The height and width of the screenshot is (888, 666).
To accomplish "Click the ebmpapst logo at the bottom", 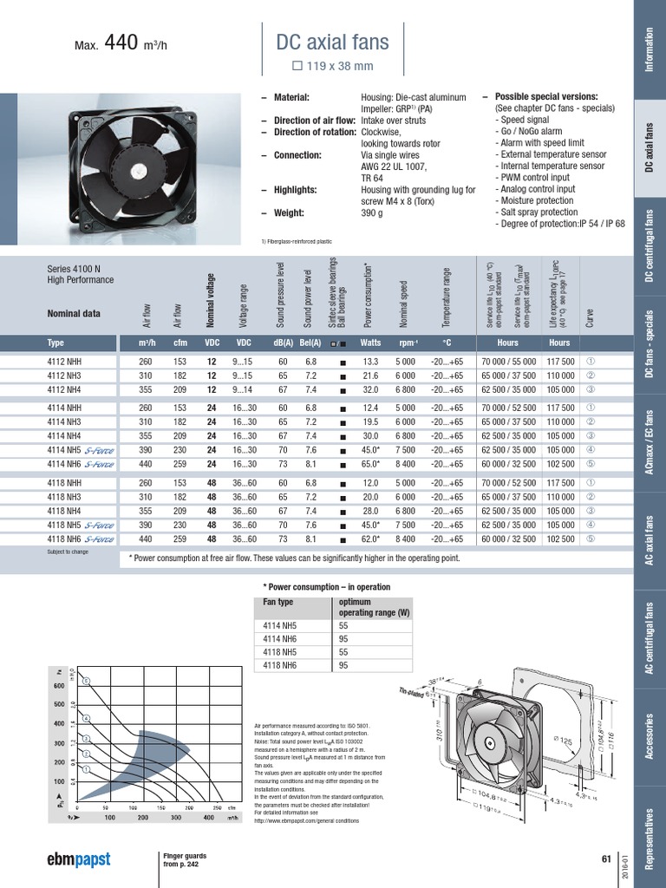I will click(x=78, y=860).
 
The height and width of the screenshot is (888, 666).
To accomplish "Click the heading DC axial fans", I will click(x=332, y=42).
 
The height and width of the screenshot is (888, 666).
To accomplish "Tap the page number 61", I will click(x=606, y=859).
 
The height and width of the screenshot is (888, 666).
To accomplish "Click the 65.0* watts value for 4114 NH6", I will click(x=371, y=464).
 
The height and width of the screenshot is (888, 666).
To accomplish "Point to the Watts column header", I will click(x=371, y=343).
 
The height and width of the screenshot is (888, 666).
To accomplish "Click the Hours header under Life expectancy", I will click(x=559, y=343).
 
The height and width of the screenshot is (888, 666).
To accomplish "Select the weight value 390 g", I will click(x=373, y=213).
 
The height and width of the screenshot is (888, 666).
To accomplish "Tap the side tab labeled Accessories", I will click(x=650, y=735).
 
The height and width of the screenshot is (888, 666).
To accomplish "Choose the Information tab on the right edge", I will click(x=650, y=49).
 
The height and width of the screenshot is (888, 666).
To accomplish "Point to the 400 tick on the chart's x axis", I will click(x=208, y=818).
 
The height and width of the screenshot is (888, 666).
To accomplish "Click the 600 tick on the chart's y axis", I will click(x=59, y=685).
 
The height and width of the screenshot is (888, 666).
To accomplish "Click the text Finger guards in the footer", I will click(x=185, y=856).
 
